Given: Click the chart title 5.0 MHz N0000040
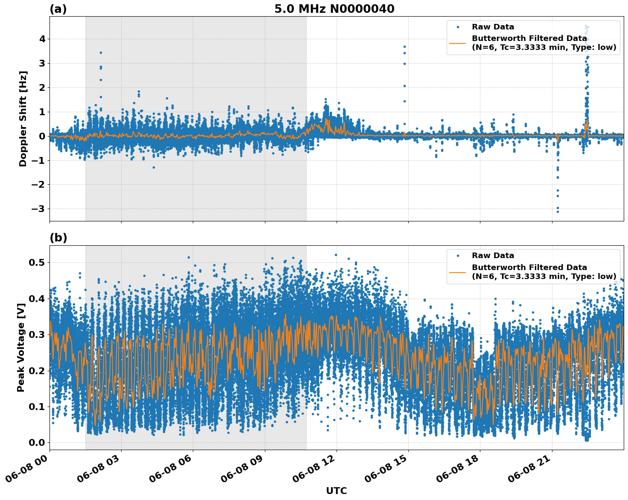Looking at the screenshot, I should point(334,9).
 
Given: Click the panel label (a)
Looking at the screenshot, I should point(58,9).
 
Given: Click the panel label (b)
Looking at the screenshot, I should point(58,238).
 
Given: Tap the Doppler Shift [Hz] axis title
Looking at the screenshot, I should point(23,119).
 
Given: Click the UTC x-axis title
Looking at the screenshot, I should point(336,491).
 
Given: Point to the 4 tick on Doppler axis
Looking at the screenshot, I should point(42,39).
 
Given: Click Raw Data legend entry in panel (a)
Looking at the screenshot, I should point(493,27).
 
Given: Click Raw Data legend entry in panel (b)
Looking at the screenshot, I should point(493,256).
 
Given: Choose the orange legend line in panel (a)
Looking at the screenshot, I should point(458,43).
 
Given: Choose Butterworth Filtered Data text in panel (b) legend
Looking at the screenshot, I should point(529,267).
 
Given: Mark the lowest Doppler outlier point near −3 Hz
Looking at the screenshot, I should point(557,212).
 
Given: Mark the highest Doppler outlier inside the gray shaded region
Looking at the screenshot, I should point(101,52).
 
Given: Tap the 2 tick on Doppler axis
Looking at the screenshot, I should point(42,87).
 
